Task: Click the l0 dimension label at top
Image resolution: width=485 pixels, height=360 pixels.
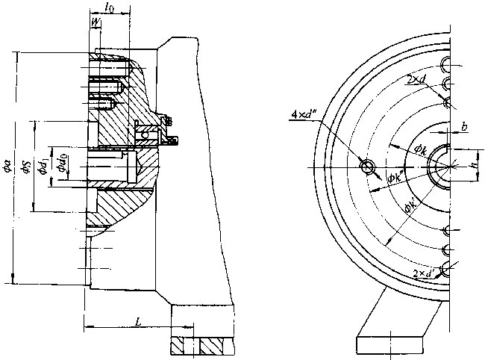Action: pos(110,8)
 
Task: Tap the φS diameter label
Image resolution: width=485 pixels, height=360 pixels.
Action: pos(26,168)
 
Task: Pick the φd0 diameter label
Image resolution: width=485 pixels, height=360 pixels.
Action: pos(65,163)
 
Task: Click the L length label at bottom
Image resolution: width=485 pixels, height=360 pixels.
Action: pos(139,320)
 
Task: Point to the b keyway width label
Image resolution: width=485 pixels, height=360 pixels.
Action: pos(464,128)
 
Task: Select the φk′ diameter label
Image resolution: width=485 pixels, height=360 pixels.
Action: pos(409,209)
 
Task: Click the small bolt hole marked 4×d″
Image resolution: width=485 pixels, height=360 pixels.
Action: pos(367,167)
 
